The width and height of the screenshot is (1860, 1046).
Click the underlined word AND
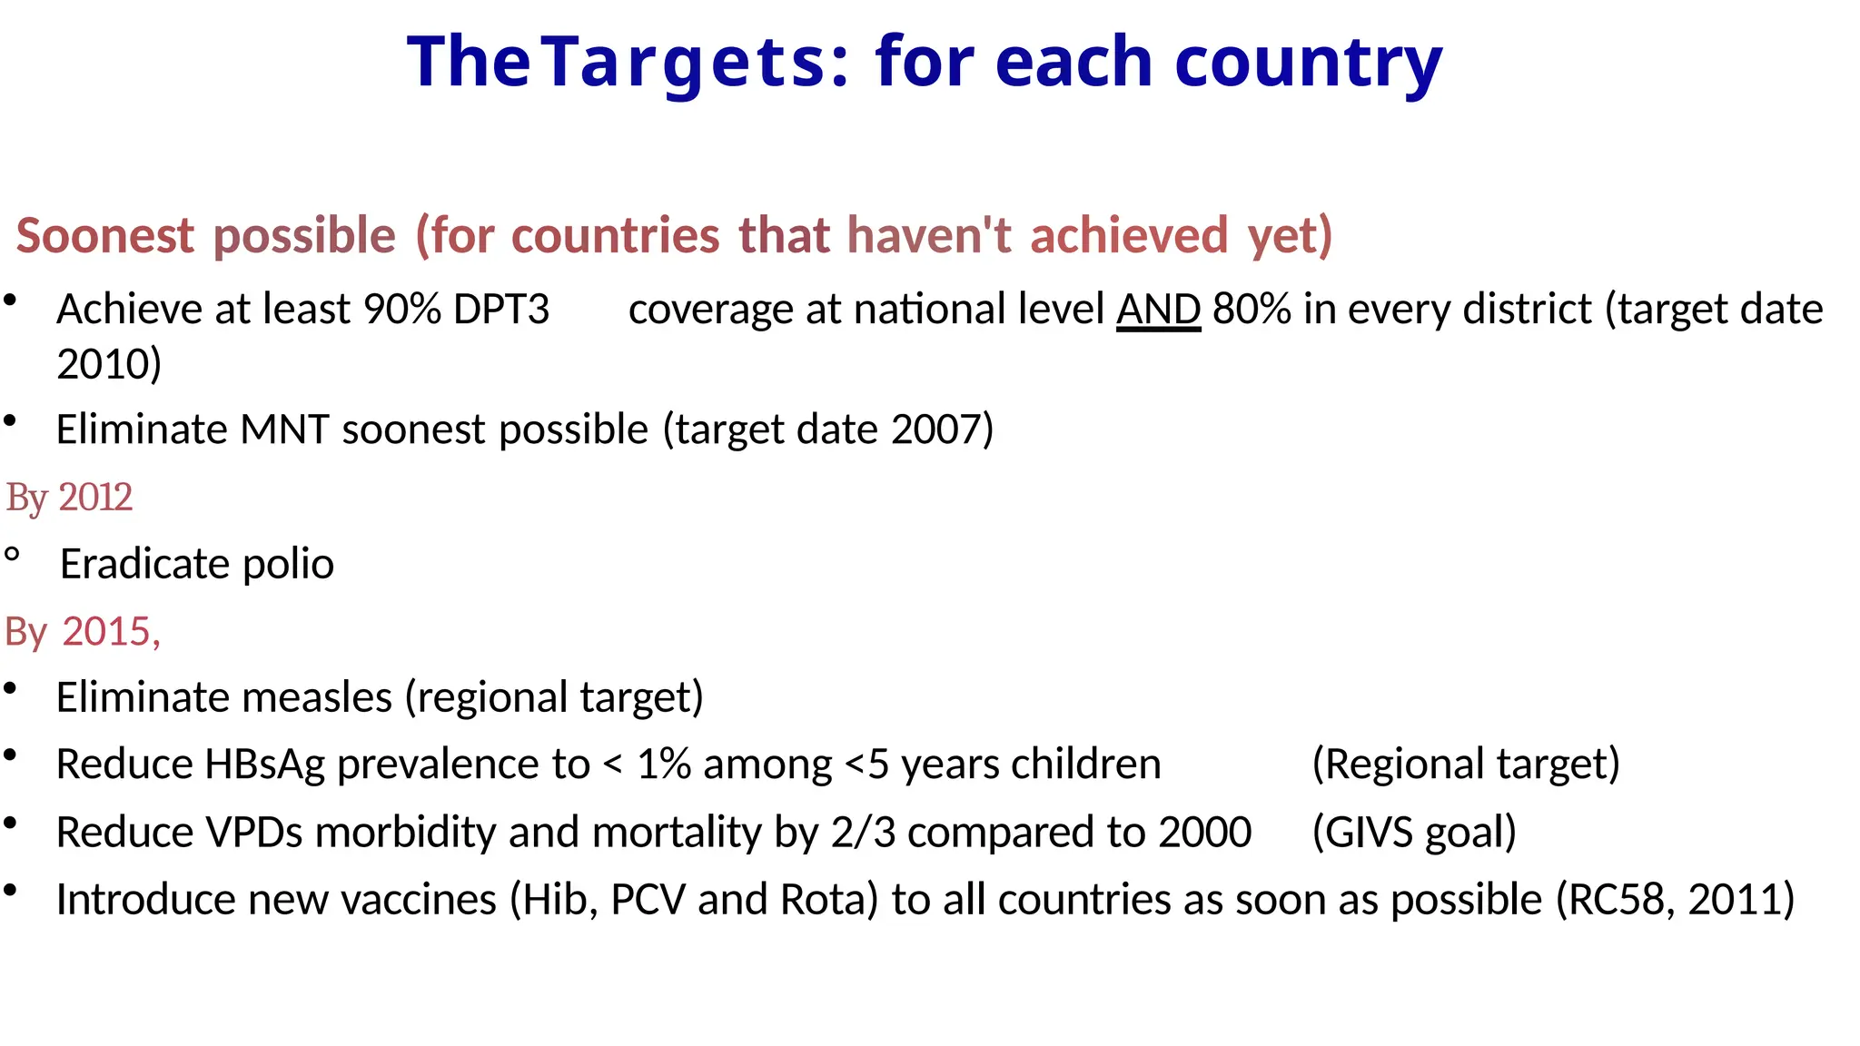pyautogui.click(x=1158, y=310)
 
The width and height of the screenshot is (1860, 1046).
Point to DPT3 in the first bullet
pyautogui.click(x=501, y=310)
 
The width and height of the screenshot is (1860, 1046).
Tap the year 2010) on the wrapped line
pyautogui.click(x=109, y=364)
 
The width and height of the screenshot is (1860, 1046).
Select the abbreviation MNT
pyautogui.click(x=283, y=429)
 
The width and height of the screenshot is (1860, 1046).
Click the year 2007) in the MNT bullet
pyautogui.click(x=943, y=429)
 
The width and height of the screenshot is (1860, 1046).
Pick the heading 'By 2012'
pyautogui.click(x=69, y=498)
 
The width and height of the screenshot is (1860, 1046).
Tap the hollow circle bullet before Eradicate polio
pyautogui.click(x=12, y=555)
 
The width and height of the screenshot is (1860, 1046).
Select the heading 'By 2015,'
pyautogui.click(x=83, y=631)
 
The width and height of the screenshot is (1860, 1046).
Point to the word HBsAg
pyautogui.click(x=264, y=765)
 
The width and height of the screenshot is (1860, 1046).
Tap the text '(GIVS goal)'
pyautogui.click(x=1414, y=832)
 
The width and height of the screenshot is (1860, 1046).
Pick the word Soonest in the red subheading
pyautogui.click(x=105, y=236)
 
